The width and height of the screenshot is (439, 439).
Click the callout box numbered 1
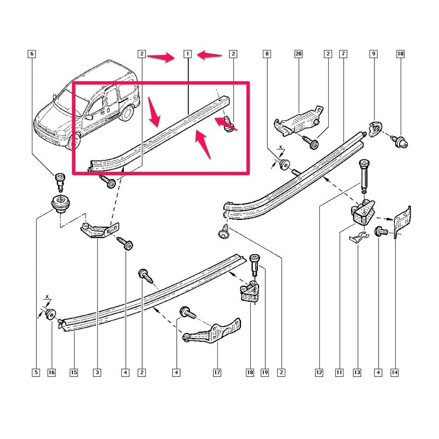click(188, 54)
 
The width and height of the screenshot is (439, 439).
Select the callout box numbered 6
click(32, 54)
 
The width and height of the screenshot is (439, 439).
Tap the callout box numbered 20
click(299, 54)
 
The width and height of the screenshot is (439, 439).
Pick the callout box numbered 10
click(401, 54)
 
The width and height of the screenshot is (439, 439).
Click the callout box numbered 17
click(217, 373)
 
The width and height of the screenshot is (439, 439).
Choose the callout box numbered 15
click(74, 373)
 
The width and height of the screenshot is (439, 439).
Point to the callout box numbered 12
click(319, 373)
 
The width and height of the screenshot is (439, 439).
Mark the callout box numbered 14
click(395, 373)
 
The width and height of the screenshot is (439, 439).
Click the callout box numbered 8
click(267, 54)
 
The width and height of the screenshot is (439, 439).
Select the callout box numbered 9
click(374, 54)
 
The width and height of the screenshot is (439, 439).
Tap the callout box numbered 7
click(344, 54)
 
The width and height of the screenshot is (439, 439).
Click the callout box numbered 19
click(265, 373)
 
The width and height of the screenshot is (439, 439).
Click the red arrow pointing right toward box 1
click(161, 57)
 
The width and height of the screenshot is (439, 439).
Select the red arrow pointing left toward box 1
click(210, 54)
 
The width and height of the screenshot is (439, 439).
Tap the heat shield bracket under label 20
click(298, 121)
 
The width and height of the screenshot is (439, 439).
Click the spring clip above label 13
click(358, 238)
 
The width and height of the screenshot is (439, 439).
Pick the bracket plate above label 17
click(213, 333)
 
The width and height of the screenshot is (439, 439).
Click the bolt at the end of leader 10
click(401, 142)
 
